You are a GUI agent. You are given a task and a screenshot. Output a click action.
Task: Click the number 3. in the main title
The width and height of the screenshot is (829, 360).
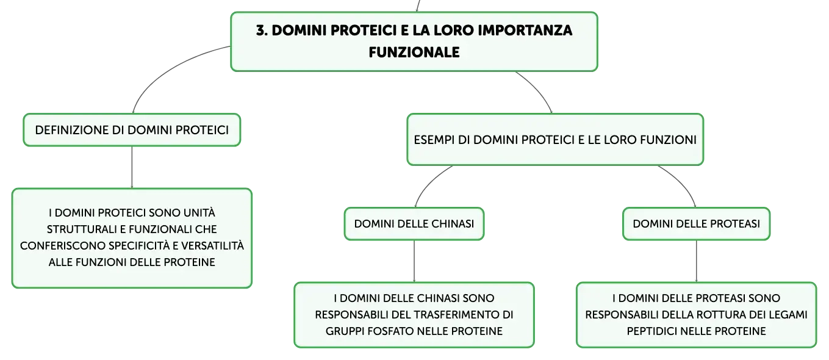point(262,31)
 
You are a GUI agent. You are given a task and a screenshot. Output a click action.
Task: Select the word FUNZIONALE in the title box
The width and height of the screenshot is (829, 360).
point(414,52)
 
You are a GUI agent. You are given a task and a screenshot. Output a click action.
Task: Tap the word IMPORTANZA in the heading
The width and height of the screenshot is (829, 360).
point(525,31)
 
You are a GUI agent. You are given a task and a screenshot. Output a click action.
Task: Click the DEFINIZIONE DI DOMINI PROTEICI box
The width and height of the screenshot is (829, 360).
point(132,130)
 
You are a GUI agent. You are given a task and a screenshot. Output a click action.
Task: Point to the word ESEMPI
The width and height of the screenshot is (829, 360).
point(434,140)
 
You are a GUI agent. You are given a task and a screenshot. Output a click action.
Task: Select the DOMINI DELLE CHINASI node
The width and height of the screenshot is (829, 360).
point(414,224)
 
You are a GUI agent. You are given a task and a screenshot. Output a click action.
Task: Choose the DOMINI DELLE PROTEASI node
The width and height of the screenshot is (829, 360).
point(696,224)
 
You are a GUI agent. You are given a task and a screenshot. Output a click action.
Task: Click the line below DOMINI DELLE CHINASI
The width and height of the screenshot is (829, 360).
point(414,261)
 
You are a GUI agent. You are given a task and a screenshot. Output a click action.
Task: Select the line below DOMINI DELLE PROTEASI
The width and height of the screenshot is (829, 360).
point(696,261)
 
